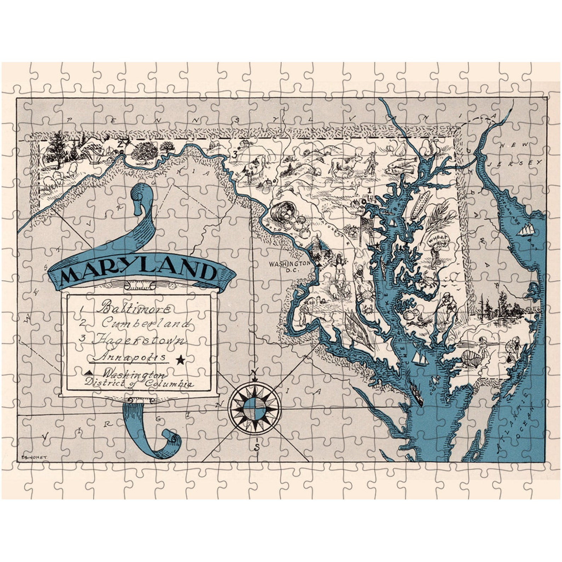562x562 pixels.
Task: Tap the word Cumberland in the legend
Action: [146, 323]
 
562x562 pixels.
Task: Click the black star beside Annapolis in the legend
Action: [180, 360]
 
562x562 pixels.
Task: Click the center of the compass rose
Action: [255, 409]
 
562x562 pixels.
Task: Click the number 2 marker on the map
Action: [120, 144]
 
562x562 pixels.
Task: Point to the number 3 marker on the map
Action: [234, 154]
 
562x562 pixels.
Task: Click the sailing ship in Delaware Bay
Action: [524, 230]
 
